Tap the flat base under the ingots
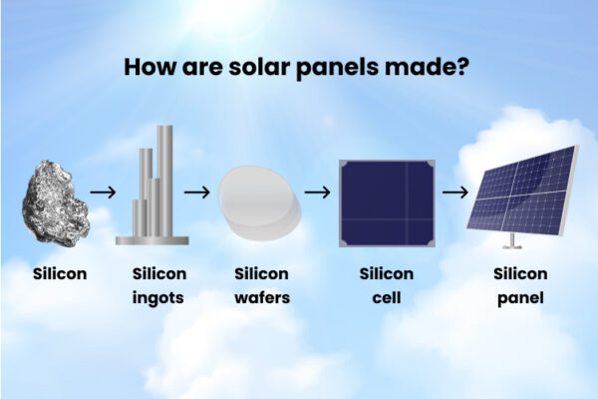(x=151, y=240)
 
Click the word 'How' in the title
(x=147, y=68)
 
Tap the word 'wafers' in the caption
(x=261, y=296)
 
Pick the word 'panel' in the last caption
(x=518, y=296)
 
